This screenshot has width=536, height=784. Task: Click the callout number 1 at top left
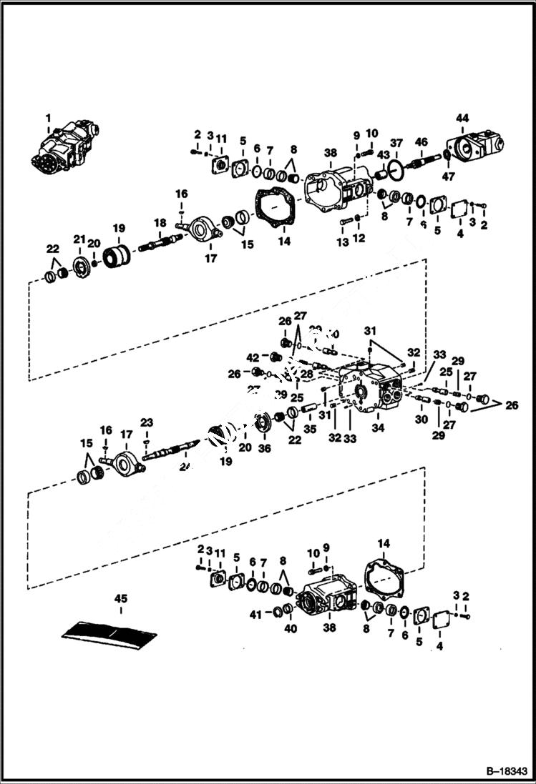(x=49, y=117)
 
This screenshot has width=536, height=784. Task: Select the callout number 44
(x=462, y=118)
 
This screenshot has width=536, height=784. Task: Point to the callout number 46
(x=421, y=142)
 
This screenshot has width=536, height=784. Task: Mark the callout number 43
(x=383, y=155)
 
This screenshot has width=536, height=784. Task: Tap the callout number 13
(x=343, y=243)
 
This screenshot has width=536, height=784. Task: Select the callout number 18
(x=160, y=222)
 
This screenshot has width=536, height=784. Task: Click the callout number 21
(x=80, y=239)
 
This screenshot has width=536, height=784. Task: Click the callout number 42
(x=253, y=357)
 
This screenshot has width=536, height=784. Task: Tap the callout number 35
(x=310, y=430)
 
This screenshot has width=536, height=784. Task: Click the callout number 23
(x=147, y=422)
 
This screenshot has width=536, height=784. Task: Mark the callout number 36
(x=265, y=448)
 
